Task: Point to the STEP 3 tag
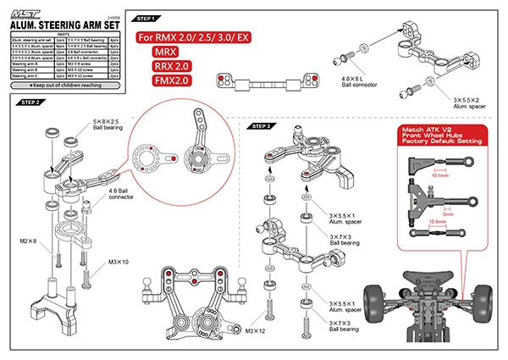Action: coord(261,126)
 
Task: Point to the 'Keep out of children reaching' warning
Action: coord(63,86)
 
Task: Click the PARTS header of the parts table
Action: coord(64,34)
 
